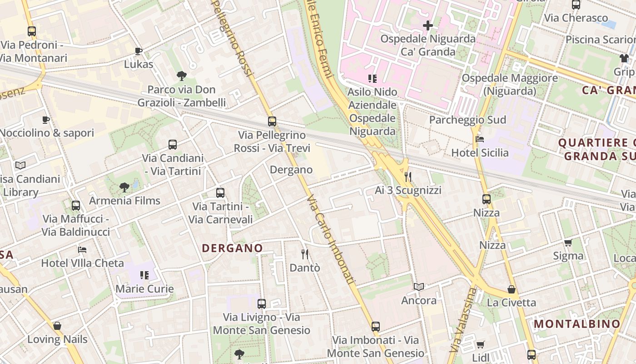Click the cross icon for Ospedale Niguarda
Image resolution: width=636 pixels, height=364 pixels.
pyautogui.click(x=427, y=25)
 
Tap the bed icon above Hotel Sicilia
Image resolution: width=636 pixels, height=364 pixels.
pyautogui.click(x=480, y=139)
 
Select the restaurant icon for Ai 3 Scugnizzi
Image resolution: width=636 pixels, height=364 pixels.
pyautogui.click(x=407, y=177)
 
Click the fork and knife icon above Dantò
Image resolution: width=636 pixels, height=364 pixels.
pyautogui.click(x=305, y=254)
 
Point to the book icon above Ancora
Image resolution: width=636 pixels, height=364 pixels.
pyautogui.click(x=419, y=287)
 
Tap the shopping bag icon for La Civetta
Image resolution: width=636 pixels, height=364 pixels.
pyautogui.click(x=512, y=289)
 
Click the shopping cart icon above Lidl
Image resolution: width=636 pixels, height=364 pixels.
pyautogui.click(x=480, y=344)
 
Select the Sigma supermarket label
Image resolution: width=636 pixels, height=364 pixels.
pyautogui.click(x=568, y=256)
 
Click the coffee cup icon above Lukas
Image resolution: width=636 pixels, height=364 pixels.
pyautogui.click(x=139, y=51)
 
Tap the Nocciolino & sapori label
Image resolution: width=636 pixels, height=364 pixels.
pyautogui.click(x=47, y=133)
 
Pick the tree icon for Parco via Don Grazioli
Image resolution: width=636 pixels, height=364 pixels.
pyautogui.click(x=182, y=76)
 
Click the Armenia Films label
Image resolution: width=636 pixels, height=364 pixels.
pyautogui.click(x=124, y=201)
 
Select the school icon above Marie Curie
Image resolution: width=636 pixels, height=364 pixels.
pyautogui.click(x=144, y=275)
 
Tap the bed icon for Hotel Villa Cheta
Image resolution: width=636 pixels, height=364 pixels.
pyautogui.click(x=82, y=249)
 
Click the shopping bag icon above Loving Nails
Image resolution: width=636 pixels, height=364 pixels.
pyautogui.click(x=57, y=326)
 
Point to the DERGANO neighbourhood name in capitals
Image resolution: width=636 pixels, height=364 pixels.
pyautogui.click(x=232, y=248)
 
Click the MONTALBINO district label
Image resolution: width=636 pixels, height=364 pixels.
pyautogui.click(x=577, y=324)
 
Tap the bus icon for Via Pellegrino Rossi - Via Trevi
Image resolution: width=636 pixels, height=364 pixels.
pyautogui.click(x=272, y=121)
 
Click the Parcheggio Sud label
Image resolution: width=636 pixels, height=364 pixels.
pyautogui.click(x=467, y=120)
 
